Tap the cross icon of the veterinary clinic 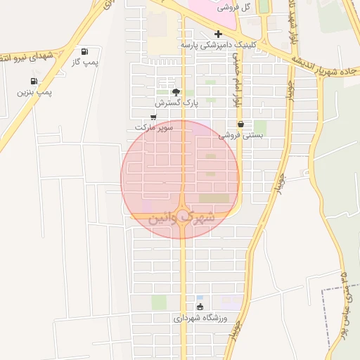click(x=218, y=34)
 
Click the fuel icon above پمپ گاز click(x=85, y=51)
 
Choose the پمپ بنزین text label click(x=35, y=92)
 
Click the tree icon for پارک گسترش click(x=176, y=91)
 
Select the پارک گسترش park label click(x=176, y=103)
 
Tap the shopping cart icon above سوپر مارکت click(x=153, y=117)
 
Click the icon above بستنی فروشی click(x=240, y=124)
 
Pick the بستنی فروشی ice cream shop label click(x=240, y=135)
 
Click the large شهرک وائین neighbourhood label click(x=181, y=219)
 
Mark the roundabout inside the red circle click(x=182, y=216)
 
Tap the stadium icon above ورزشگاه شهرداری click(x=200, y=307)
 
